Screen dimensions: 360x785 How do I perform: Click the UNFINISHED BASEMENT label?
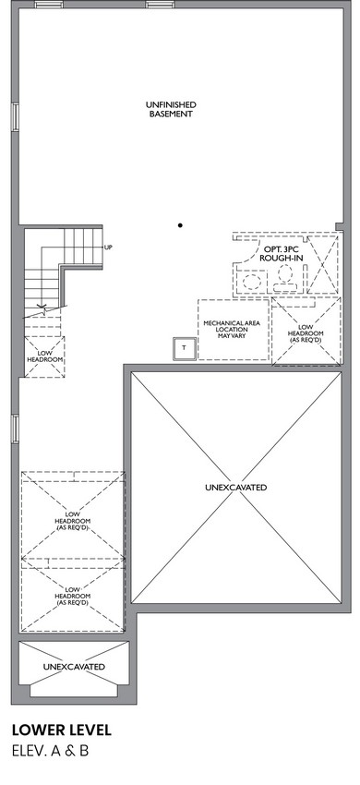tap(170, 109)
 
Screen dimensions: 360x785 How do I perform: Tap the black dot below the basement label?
tap(180, 225)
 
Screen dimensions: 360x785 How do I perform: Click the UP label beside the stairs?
tap(108, 248)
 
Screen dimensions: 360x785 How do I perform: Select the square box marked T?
tap(184, 348)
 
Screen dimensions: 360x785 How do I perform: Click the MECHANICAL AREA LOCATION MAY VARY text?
tap(232, 330)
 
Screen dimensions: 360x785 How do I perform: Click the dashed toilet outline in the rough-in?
tap(285, 278)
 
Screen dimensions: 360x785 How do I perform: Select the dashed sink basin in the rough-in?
tap(250, 282)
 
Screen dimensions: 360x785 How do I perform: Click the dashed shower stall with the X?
tap(322, 264)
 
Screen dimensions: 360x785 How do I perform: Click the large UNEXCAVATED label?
tap(235, 487)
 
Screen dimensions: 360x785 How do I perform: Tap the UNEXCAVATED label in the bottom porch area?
tap(74, 667)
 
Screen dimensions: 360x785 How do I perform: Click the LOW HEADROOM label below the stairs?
tap(44, 356)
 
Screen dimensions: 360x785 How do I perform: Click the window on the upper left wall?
tap(16, 117)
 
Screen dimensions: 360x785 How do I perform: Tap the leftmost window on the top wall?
tap(49, 5)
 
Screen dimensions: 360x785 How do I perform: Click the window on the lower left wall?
tap(16, 429)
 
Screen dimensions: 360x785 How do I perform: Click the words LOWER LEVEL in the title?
tap(62, 730)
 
